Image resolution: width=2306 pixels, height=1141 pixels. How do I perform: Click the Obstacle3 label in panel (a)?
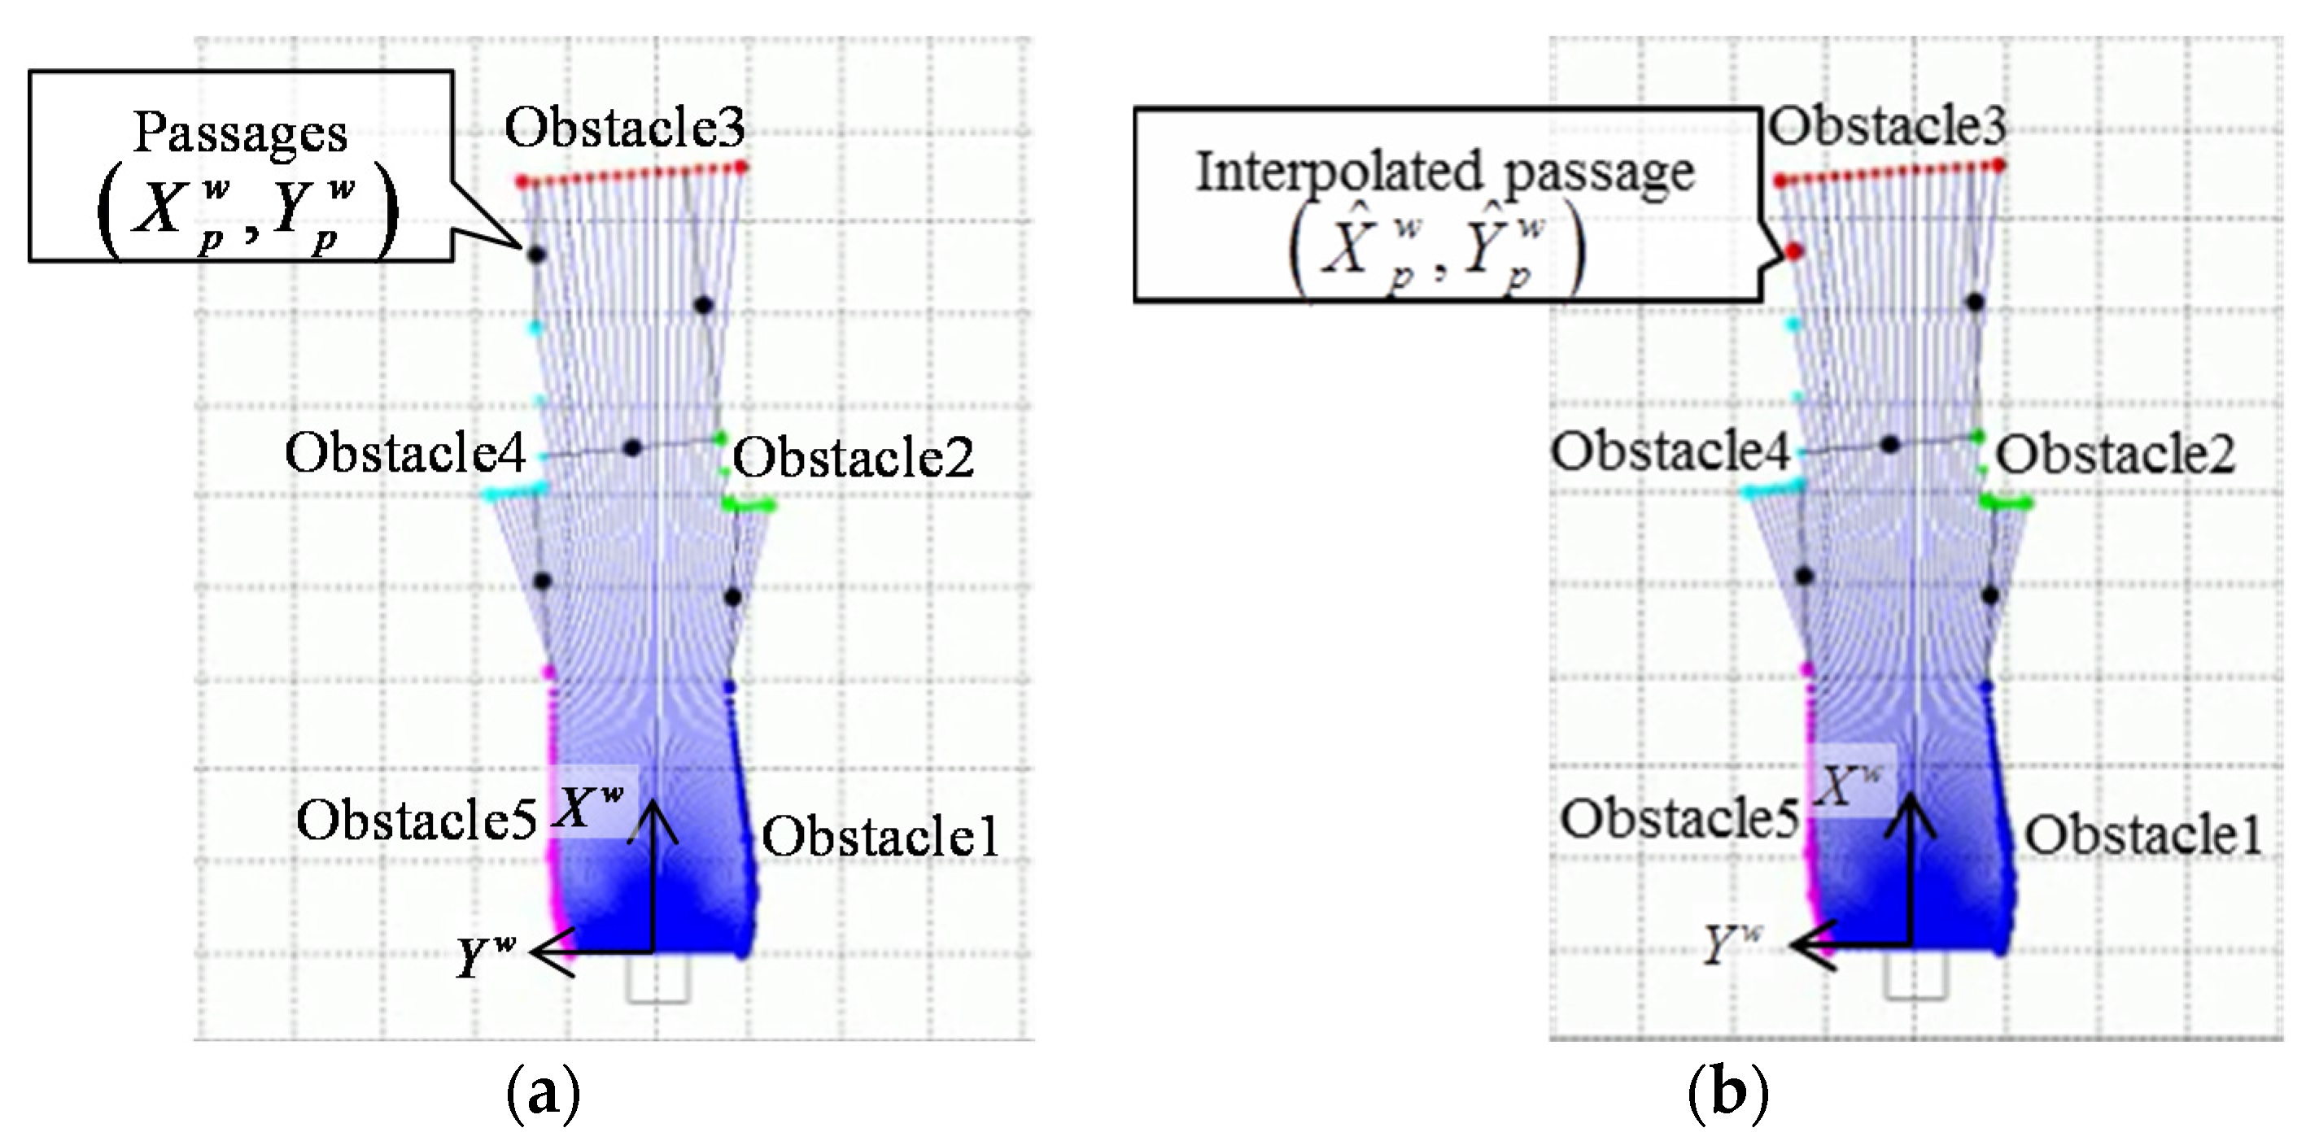point(624,127)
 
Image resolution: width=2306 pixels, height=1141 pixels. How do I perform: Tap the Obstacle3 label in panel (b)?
point(1886,125)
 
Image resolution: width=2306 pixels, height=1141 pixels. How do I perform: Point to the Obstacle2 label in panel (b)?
point(2115,455)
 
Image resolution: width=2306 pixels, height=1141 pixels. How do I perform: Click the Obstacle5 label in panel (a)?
point(417,819)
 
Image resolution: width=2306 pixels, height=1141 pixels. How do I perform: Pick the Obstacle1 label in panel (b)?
point(2143,835)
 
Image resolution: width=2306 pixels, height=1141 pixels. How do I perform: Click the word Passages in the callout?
point(240,133)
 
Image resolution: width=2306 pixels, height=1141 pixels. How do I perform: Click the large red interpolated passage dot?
point(1793,251)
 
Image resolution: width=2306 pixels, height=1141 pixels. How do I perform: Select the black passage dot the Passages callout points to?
point(535,255)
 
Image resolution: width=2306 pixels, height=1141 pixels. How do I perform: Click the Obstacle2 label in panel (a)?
point(852,457)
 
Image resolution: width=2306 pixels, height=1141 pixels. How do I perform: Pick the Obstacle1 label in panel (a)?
point(880,837)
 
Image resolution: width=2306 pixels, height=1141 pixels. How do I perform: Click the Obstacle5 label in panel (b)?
point(1679,817)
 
